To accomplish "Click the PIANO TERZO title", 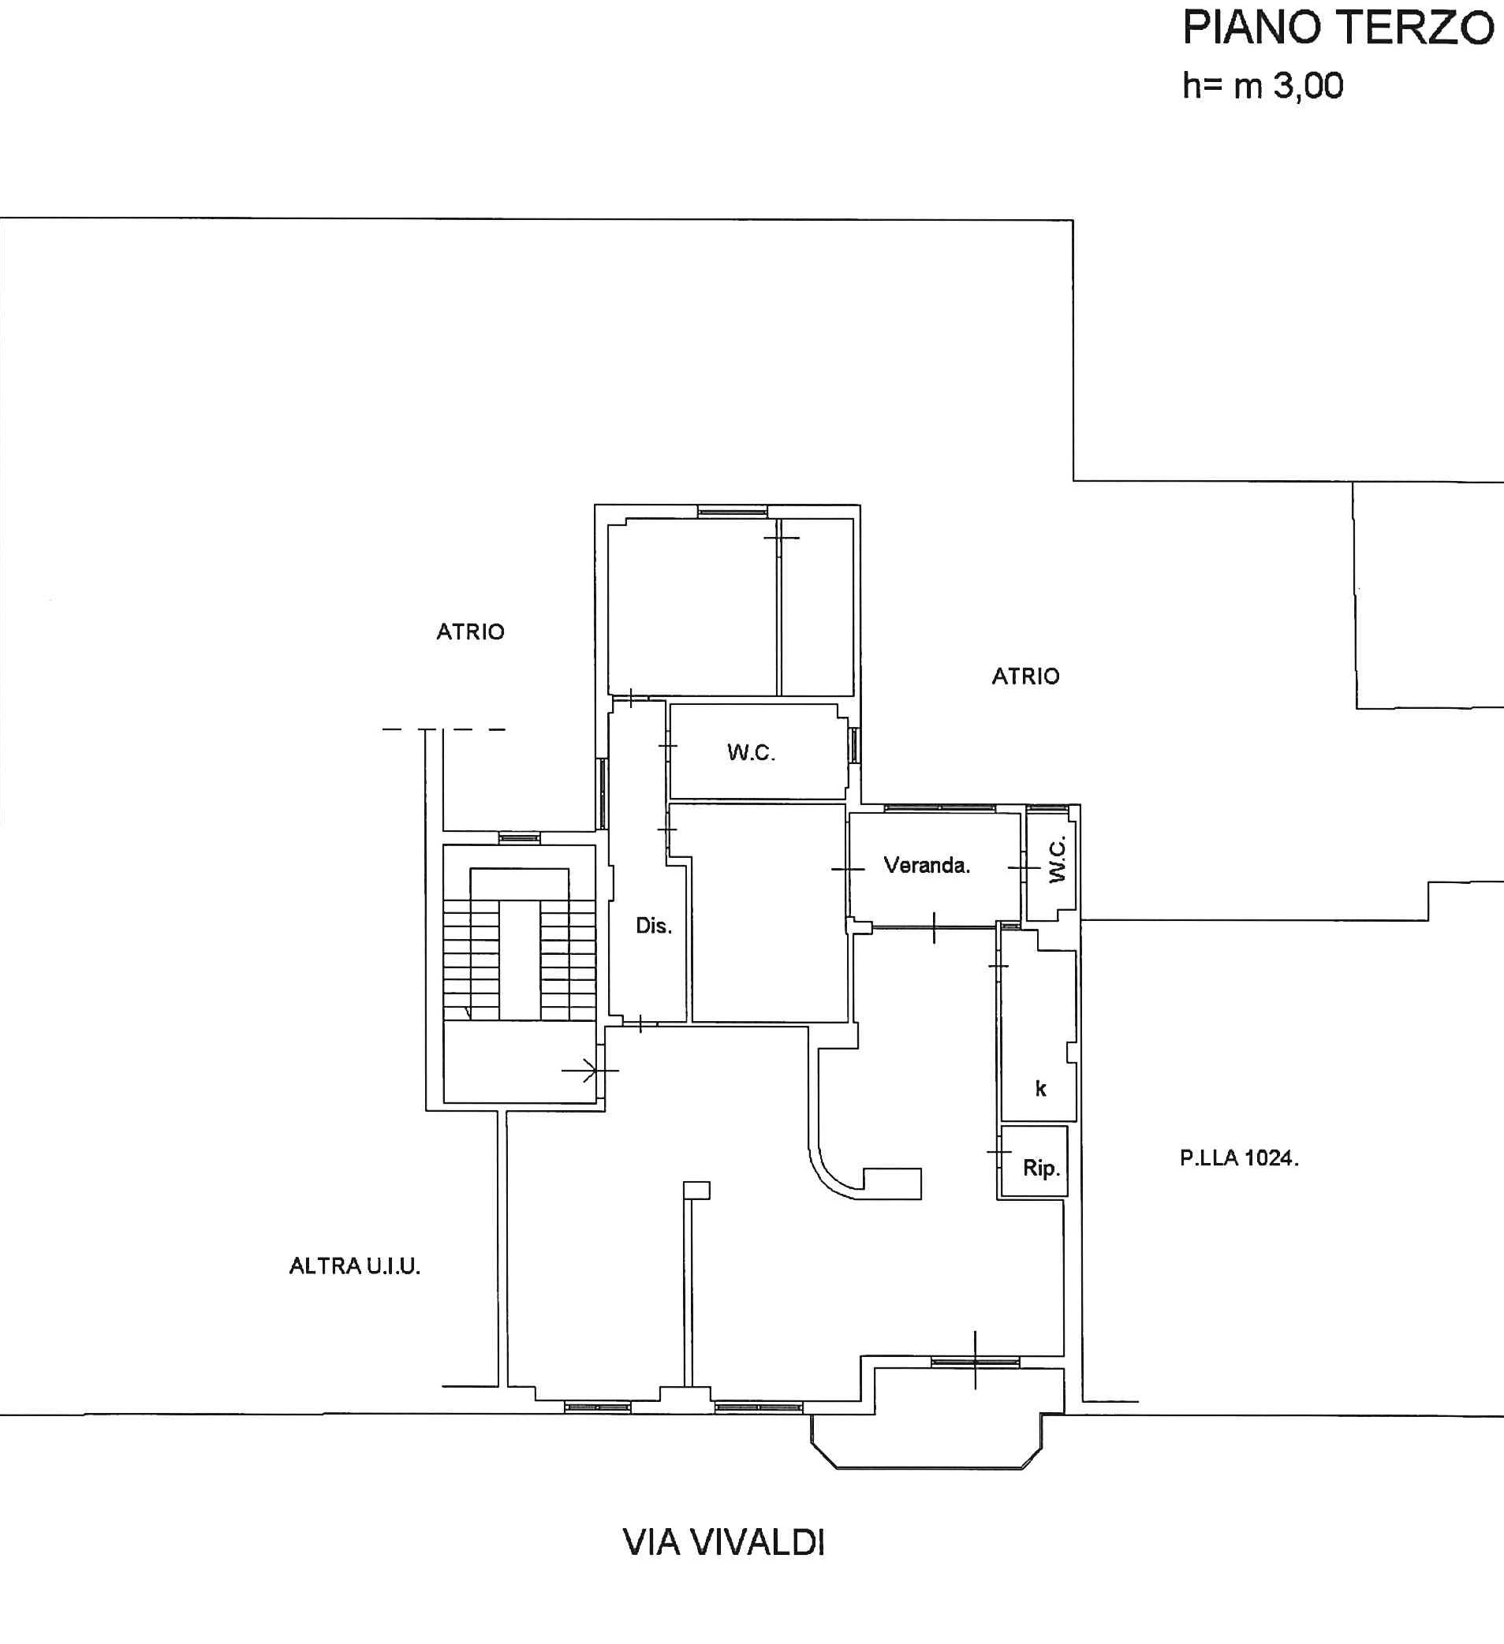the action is coord(1338,29).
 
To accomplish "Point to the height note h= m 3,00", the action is coord(1263,86).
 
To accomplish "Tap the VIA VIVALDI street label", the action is coord(724,1542).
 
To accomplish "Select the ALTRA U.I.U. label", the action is coord(355,1266).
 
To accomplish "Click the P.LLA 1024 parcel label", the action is coord(1239,1158).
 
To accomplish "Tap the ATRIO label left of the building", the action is coord(471,632).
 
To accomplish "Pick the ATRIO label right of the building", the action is coord(1025,676).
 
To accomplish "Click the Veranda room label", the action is coord(927,865).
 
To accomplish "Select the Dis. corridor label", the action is coord(653,926).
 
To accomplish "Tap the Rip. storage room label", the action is coord(1042,1169).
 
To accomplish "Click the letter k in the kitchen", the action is coord(1041,1088).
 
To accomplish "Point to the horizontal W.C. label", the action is coord(751,753).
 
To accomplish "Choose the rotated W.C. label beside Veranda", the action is coord(1057,860).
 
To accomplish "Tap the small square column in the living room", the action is coord(696,1190).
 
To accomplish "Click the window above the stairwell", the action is coord(520,837).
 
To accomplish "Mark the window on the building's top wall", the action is coord(733,512).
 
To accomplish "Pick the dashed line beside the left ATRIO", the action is coord(444,729).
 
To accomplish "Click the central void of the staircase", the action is coord(520,960).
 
